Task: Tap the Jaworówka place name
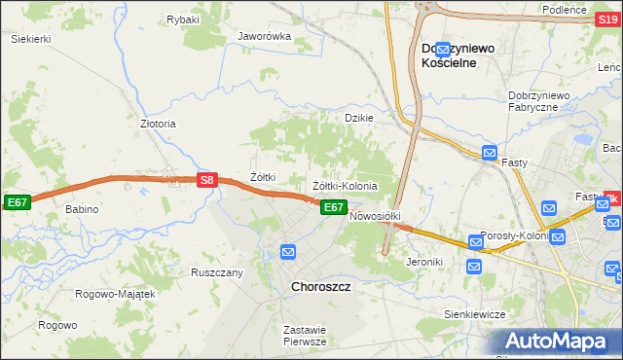click(265, 36)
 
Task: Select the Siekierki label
click(30, 39)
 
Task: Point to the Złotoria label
click(158, 124)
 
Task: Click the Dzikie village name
click(359, 117)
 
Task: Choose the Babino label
click(83, 209)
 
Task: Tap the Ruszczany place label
click(216, 272)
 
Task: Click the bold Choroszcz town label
click(321, 287)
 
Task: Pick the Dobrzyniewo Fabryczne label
click(544, 101)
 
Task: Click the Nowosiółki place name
click(375, 216)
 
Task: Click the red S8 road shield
click(206, 180)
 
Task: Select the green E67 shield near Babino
click(17, 201)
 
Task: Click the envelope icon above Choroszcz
click(287, 252)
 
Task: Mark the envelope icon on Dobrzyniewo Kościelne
click(444, 49)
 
